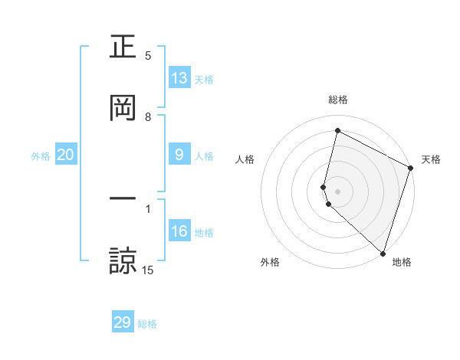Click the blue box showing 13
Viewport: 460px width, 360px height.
pyautogui.click(x=179, y=78)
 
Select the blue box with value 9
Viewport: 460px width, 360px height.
pyautogui.click(x=179, y=155)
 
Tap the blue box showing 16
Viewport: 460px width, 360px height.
pyautogui.click(x=179, y=231)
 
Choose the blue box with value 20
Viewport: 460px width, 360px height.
pyautogui.click(x=66, y=155)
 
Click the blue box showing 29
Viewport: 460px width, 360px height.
pyautogui.click(x=123, y=322)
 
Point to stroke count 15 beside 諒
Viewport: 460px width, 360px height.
pyautogui.click(x=148, y=270)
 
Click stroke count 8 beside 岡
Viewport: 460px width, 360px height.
pyautogui.click(x=148, y=117)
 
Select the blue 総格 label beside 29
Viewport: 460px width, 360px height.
pyautogui.click(x=147, y=324)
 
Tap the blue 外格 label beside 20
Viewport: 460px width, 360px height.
pyautogui.click(x=41, y=156)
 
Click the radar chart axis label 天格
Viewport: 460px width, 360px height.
pyautogui.click(x=431, y=159)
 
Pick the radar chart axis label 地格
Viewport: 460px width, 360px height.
pyautogui.click(x=402, y=262)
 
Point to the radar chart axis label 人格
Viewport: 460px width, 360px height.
pyautogui.click(x=245, y=159)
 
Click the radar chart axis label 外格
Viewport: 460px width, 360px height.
pyautogui.click(x=270, y=262)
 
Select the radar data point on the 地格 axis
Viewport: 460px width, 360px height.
pyautogui.click(x=383, y=253)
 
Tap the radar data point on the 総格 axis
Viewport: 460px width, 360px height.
pyautogui.click(x=337, y=131)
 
